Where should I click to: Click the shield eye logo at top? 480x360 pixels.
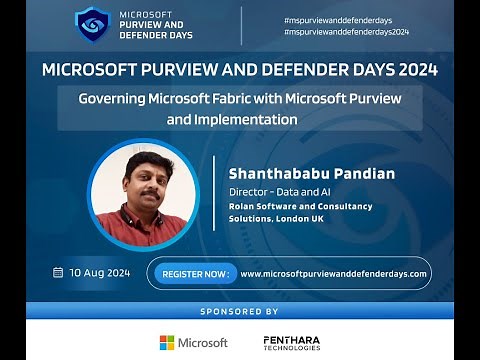[92, 25]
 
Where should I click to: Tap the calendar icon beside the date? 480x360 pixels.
[58, 272]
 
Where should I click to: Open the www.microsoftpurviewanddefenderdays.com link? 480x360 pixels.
[334, 273]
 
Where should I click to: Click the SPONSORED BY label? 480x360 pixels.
[240, 311]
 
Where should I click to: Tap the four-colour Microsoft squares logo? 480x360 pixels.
[167, 342]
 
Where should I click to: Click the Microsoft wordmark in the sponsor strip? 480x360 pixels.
[202, 342]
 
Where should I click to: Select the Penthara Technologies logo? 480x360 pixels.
[292, 342]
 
